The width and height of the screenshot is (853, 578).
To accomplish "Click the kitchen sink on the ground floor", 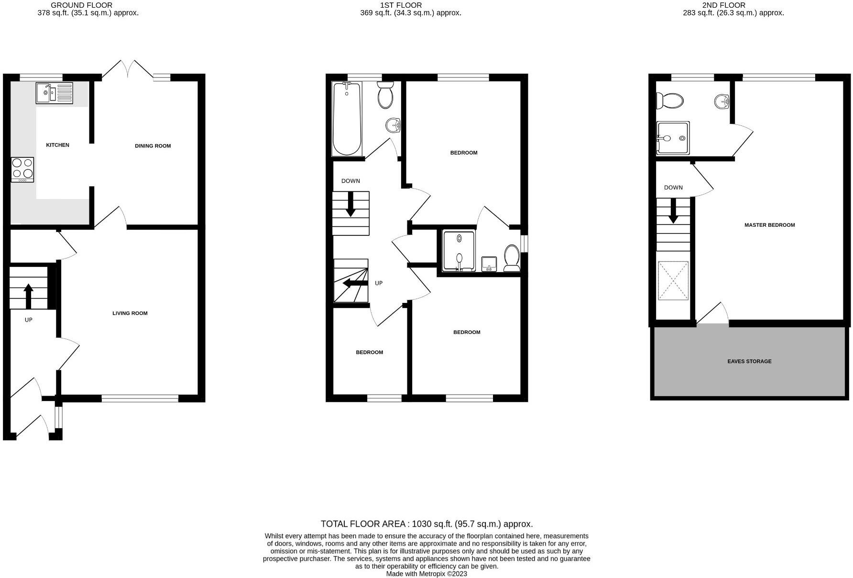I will click(54, 93).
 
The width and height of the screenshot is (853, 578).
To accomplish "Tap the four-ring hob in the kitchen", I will click(22, 169).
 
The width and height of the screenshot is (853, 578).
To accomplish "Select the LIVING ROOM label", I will click(130, 313).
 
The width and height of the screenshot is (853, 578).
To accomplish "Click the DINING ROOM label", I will click(153, 146).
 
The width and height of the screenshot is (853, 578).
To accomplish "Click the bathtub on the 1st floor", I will click(347, 119).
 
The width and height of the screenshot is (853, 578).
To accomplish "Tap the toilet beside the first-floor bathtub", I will click(385, 95).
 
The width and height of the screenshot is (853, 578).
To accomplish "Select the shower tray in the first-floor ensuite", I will click(459, 251).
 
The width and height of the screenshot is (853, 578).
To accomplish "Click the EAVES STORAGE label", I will click(749, 361).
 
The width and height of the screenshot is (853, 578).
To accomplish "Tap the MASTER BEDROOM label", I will click(769, 225).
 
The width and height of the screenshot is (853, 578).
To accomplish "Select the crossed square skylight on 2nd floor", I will click(673, 280).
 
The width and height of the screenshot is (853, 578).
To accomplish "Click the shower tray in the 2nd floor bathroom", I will click(673, 138).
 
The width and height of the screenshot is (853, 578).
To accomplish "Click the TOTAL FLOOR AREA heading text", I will click(426, 524).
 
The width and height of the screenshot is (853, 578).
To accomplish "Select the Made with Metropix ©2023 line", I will click(426, 574).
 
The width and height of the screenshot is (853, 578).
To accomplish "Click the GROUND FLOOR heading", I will click(81, 5).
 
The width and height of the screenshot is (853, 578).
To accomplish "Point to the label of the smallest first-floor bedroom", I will click(369, 352).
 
